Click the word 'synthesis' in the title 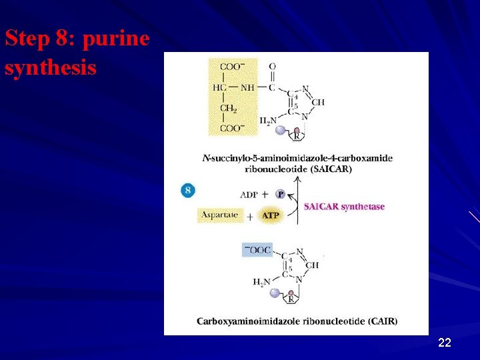click(51, 67)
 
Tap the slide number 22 click(445, 343)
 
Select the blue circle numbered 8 click(189, 191)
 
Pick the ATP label click(271, 216)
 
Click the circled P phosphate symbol click(281, 195)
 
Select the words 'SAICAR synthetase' click(344, 207)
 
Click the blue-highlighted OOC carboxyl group click(257, 250)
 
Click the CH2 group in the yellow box click(228, 109)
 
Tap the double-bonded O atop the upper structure click(272, 67)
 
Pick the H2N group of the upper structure click(268, 121)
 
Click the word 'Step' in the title click(25, 39)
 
